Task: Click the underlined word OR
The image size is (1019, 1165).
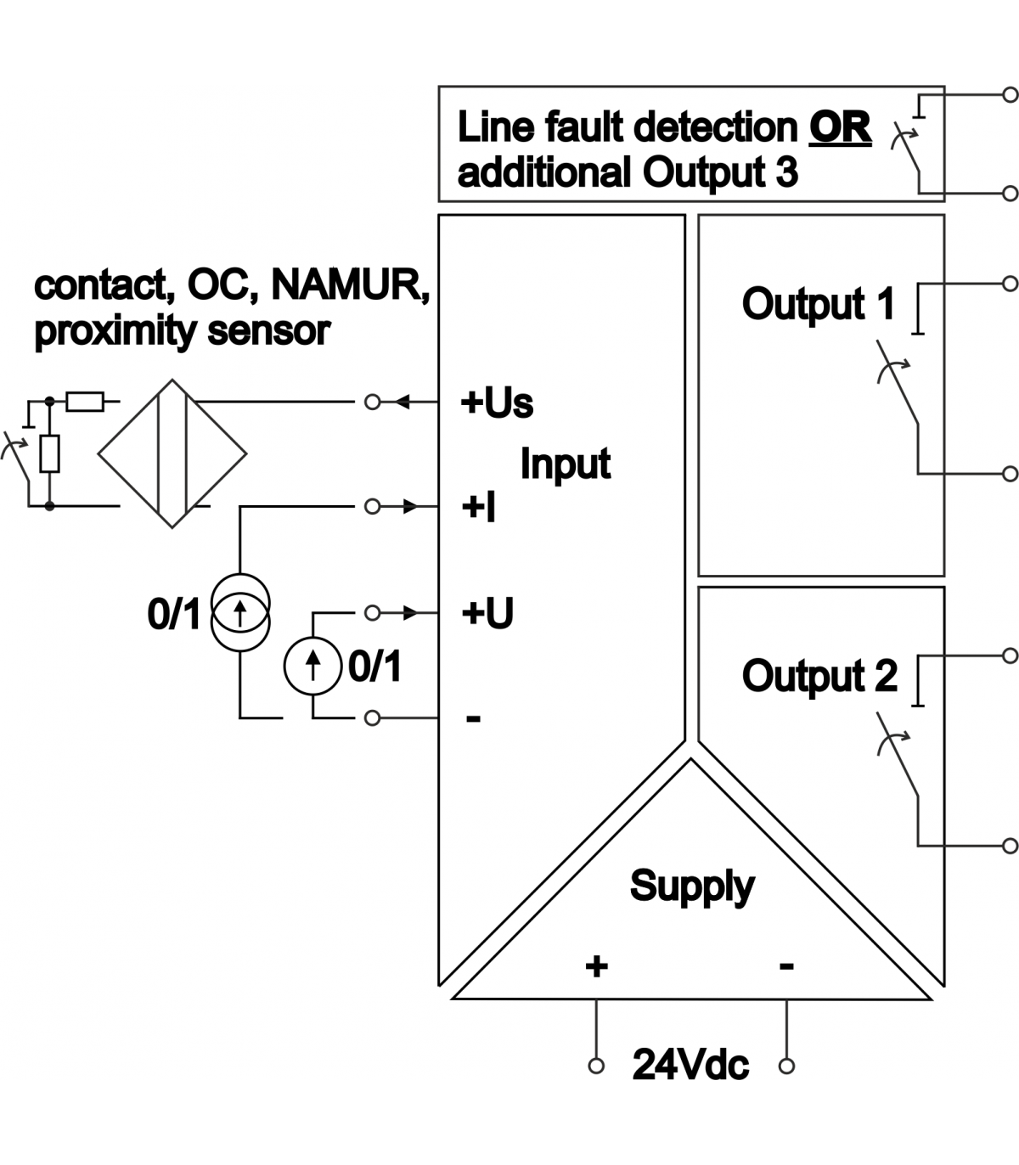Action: click(840, 127)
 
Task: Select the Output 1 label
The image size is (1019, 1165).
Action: click(818, 304)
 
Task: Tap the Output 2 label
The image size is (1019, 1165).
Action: click(819, 676)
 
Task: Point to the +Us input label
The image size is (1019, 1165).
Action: click(497, 402)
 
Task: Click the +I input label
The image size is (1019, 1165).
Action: click(478, 508)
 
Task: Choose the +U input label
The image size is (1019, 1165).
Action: click(487, 613)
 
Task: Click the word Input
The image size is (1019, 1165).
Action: click(565, 464)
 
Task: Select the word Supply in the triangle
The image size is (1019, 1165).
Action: click(691, 886)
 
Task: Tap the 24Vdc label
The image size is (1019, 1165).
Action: click(690, 1065)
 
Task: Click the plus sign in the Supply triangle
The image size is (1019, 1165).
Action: click(596, 965)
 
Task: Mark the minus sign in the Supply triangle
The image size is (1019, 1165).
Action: click(786, 965)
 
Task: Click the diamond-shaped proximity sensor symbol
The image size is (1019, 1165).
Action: click(172, 454)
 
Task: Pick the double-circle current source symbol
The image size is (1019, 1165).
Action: click(240, 611)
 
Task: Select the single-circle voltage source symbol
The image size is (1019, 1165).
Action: click(313, 666)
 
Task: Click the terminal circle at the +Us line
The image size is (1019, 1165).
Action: click(372, 402)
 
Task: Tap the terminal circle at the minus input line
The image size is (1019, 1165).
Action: click(372, 718)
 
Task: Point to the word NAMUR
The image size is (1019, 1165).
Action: click(349, 285)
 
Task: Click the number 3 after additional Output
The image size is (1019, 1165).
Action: click(785, 172)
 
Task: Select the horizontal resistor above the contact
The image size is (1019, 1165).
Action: click(85, 401)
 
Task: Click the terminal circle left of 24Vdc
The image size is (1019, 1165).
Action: click(596, 1066)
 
